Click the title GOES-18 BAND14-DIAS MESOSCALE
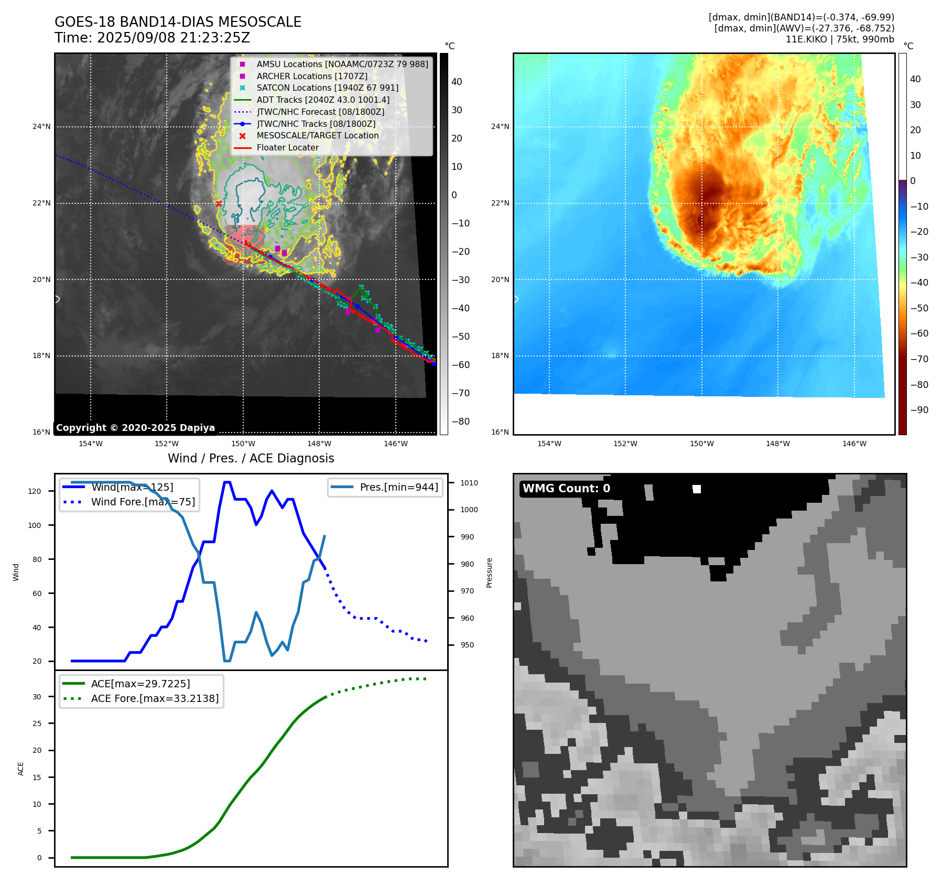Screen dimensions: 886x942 coord(178,22)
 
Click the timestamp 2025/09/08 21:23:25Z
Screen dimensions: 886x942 coord(174,38)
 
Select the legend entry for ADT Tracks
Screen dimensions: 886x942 coord(323,100)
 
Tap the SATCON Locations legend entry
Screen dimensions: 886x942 coord(327,88)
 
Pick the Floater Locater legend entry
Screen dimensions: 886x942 coord(287,147)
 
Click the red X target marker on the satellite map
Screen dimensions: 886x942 coord(219,203)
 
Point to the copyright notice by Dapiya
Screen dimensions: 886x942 coord(135,428)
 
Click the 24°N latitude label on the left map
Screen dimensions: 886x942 coord(41,126)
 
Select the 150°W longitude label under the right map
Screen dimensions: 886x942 coord(701,444)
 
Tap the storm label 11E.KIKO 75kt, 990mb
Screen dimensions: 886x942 coord(840,39)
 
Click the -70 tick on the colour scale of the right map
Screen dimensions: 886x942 coord(919,359)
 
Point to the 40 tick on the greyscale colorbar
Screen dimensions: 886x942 coord(457,82)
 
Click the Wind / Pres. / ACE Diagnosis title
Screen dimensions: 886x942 coord(251,458)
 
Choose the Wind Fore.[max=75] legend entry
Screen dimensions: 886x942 coord(143,502)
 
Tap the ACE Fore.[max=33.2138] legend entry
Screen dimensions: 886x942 coord(155,698)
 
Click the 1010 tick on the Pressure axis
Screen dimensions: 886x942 coord(469,483)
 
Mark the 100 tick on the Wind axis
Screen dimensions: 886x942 coord(35,525)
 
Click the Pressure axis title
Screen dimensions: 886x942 coord(489,572)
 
